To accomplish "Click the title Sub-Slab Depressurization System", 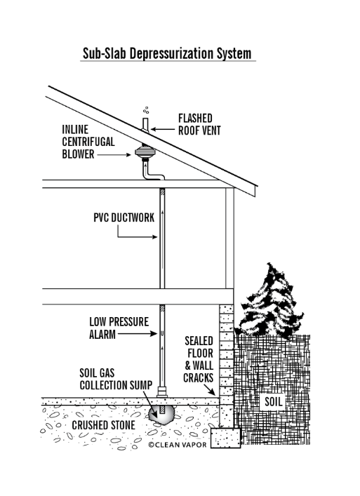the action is click(x=167, y=53).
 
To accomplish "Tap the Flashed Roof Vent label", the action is click(x=199, y=124).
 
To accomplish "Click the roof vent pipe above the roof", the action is click(x=145, y=125).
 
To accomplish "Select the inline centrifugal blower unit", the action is click(x=145, y=153).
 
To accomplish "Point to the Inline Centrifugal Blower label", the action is click(x=88, y=142).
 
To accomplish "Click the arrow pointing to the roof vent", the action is click(x=163, y=129).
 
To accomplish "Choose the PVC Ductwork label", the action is click(x=124, y=217).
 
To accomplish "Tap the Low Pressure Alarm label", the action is click(x=119, y=328).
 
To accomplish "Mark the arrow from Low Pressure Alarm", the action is click(x=138, y=333).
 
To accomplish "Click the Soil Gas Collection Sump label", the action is click(x=116, y=379).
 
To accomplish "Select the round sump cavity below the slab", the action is click(x=161, y=415).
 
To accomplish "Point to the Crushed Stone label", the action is click(x=103, y=425).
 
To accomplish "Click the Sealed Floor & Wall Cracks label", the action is click(x=199, y=359).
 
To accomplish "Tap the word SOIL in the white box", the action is click(x=273, y=402).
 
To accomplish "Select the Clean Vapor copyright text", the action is click(x=177, y=445).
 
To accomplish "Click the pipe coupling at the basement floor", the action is click(x=162, y=391).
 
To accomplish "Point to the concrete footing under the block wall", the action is click(x=225, y=438).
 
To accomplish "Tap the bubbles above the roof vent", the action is click(x=146, y=110).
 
